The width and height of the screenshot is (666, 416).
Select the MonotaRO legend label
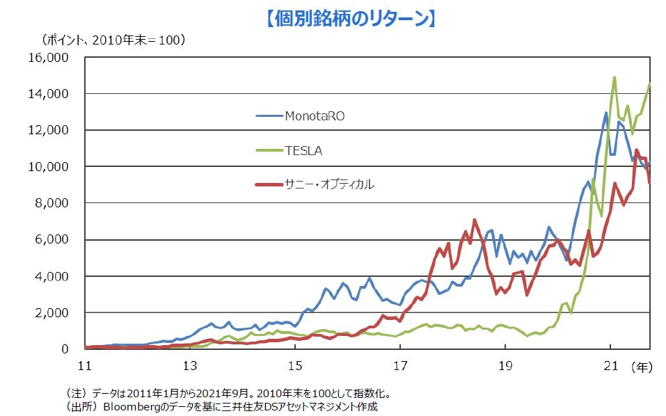click(x=314, y=115)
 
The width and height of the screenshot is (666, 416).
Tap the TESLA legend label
click(x=303, y=150)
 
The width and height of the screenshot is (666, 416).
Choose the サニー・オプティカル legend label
click(x=328, y=184)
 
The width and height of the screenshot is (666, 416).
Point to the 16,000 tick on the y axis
click(x=49, y=58)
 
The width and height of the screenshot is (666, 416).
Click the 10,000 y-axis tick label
click(x=49, y=167)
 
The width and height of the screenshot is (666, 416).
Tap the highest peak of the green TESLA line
click(x=615, y=77)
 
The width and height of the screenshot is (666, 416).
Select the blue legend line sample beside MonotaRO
click(x=269, y=115)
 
